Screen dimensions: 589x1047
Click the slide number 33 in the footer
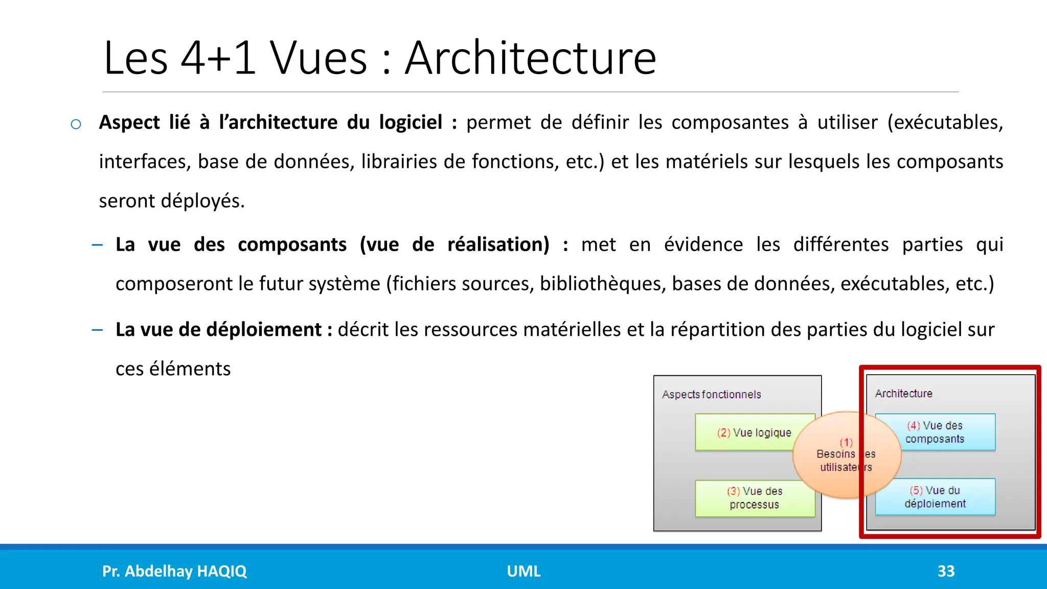tap(946, 571)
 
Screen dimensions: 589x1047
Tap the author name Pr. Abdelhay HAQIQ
tap(174, 571)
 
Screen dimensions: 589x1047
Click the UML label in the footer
tap(523, 571)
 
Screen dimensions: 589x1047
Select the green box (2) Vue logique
tap(746, 433)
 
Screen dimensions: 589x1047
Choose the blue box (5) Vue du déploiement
tap(935, 497)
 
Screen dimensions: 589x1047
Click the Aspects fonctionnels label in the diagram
tap(711, 395)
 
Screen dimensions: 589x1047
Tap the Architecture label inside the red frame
tap(903, 394)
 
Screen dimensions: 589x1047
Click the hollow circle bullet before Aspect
tap(76, 124)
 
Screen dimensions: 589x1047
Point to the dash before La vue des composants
tap(97, 245)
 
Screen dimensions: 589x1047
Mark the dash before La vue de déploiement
tap(97, 330)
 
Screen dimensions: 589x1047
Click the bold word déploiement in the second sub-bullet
tap(264, 330)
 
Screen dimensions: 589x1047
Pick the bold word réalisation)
tap(498, 244)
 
